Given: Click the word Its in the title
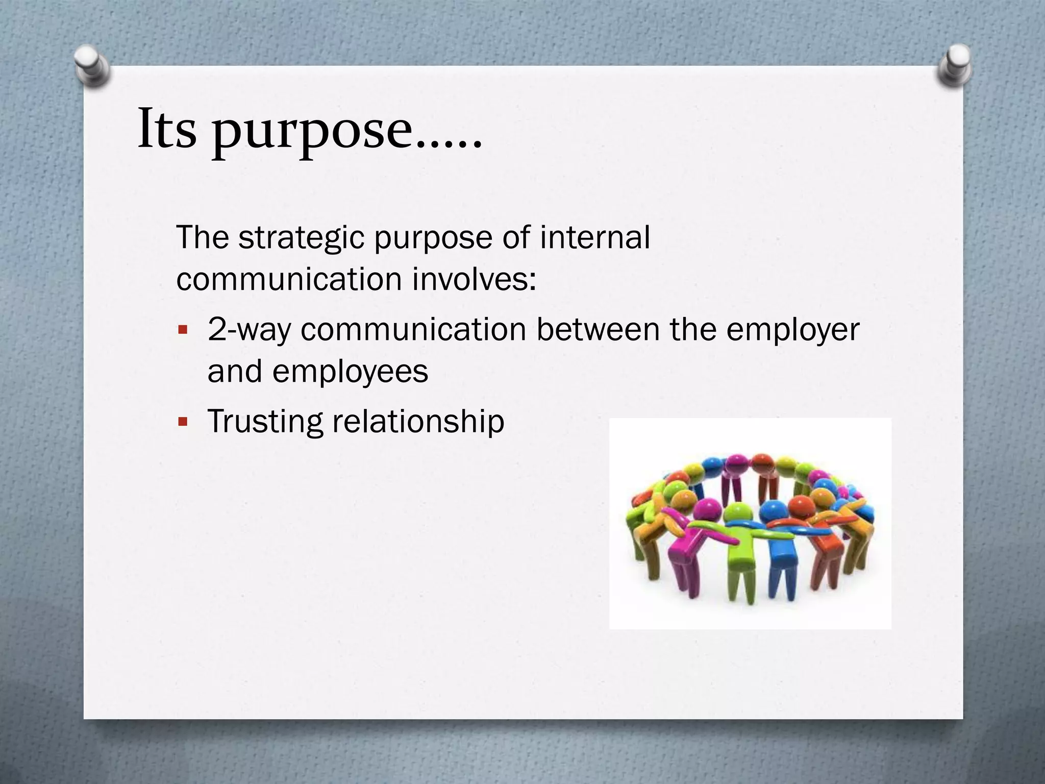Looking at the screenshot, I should pyautogui.click(x=167, y=130).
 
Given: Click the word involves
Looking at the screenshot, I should pyautogui.click(x=474, y=279).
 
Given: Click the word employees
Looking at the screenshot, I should pyautogui.click(x=350, y=372).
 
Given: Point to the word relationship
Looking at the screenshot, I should pyautogui.click(x=418, y=422).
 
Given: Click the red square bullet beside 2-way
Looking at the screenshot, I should pyautogui.click(x=183, y=330).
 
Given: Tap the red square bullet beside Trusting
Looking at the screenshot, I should pyautogui.click(x=183, y=423).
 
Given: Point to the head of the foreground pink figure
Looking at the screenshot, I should pyautogui.click(x=708, y=509).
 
